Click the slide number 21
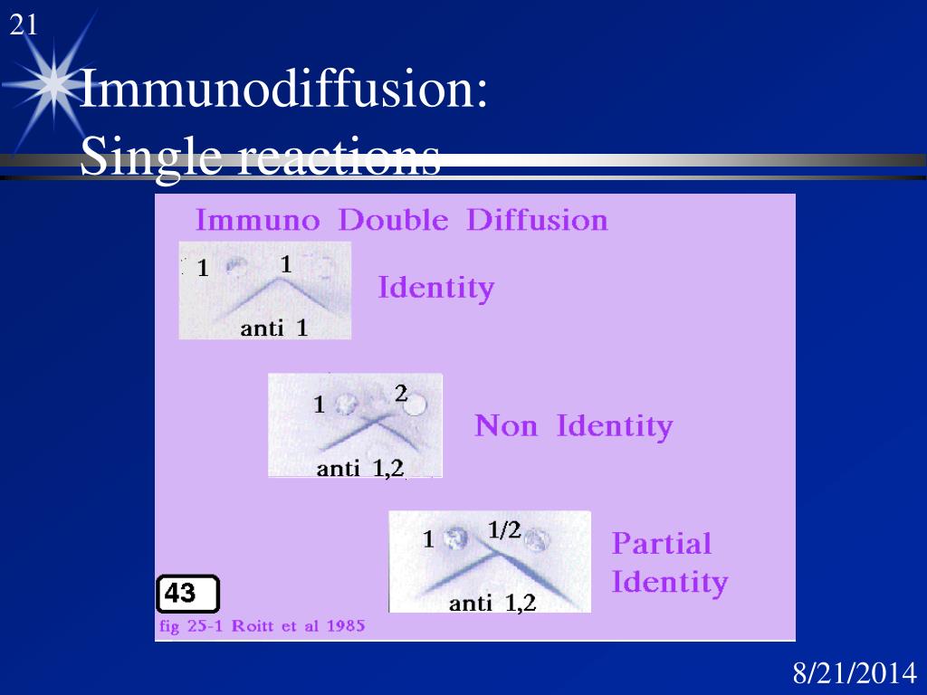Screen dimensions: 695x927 click(x=24, y=26)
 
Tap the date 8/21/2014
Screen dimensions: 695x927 click(x=855, y=673)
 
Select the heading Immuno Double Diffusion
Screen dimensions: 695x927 click(x=401, y=221)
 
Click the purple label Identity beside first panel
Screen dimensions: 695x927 click(x=435, y=289)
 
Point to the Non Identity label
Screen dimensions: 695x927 click(x=573, y=425)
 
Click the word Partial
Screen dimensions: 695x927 click(x=661, y=543)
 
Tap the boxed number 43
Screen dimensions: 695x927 click(x=187, y=594)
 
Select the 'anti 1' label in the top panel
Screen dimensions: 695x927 click(x=273, y=328)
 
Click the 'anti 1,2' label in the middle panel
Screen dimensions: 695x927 click(x=359, y=468)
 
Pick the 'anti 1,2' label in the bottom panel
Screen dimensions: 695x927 click(x=492, y=602)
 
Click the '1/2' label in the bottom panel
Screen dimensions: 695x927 click(x=504, y=531)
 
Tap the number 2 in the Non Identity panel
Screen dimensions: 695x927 click(x=401, y=393)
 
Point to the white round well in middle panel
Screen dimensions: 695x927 click(x=415, y=405)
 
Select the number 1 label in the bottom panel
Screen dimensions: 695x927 click(x=429, y=540)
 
